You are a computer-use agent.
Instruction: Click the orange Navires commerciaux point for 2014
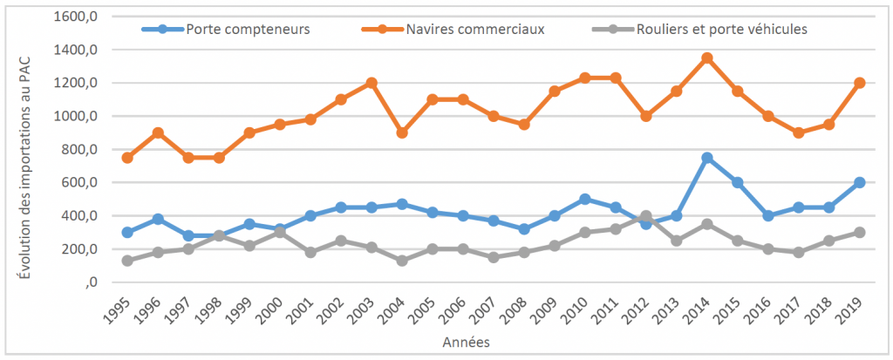[706, 58]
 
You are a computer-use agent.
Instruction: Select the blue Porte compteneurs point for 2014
[706, 158]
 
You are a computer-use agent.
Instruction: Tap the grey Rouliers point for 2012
[645, 215]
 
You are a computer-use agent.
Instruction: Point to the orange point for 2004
[401, 132]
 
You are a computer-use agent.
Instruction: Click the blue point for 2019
[859, 182]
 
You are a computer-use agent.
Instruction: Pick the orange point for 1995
[127, 158]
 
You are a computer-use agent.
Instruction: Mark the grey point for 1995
[127, 261]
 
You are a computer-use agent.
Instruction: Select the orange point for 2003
[371, 83]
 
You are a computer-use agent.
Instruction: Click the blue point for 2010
[584, 199]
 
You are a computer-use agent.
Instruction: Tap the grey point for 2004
[401, 261]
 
